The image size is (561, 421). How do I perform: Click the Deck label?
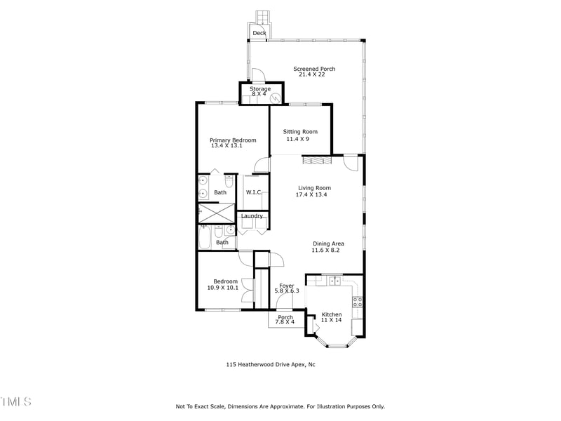pyautogui.click(x=259, y=33)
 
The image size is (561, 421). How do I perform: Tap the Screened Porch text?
pyautogui.click(x=313, y=69)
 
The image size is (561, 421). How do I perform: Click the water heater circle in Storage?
pyautogui.click(x=276, y=98)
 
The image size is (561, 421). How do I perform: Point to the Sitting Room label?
pyautogui.click(x=300, y=132)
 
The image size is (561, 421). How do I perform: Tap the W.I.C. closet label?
pyautogui.click(x=253, y=192)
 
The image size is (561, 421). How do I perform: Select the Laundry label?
pyautogui.click(x=252, y=216)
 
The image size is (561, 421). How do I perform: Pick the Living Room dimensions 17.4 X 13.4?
pyautogui.click(x=313, y=194)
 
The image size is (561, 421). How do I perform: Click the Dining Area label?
pyautogui.click(x=327, y=243)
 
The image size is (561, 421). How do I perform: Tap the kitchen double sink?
pyautogui.click(x=334, y=281)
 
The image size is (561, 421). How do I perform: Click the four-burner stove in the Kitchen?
pyautogui.click(x=357, y=302)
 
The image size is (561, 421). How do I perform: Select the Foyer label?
pyautogui.click(x=286, y=286)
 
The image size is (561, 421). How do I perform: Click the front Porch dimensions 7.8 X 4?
pyautogui.click(x=285, y=323)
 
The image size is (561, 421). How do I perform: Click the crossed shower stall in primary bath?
pyautogui.click(x=216, y=212)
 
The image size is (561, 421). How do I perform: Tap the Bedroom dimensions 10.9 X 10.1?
pyautogui.click(x=223, y=288)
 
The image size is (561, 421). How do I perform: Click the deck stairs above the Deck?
pyautogui.click(x=262, y=16)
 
